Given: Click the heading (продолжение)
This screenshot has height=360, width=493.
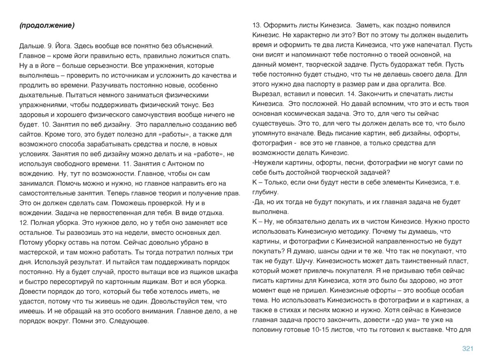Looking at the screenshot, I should (47, 25).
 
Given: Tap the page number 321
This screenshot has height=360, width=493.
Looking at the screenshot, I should (468, 349).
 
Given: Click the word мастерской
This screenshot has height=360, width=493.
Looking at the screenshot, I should (39, 252).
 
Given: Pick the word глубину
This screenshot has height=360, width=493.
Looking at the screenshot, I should (265, 192).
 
